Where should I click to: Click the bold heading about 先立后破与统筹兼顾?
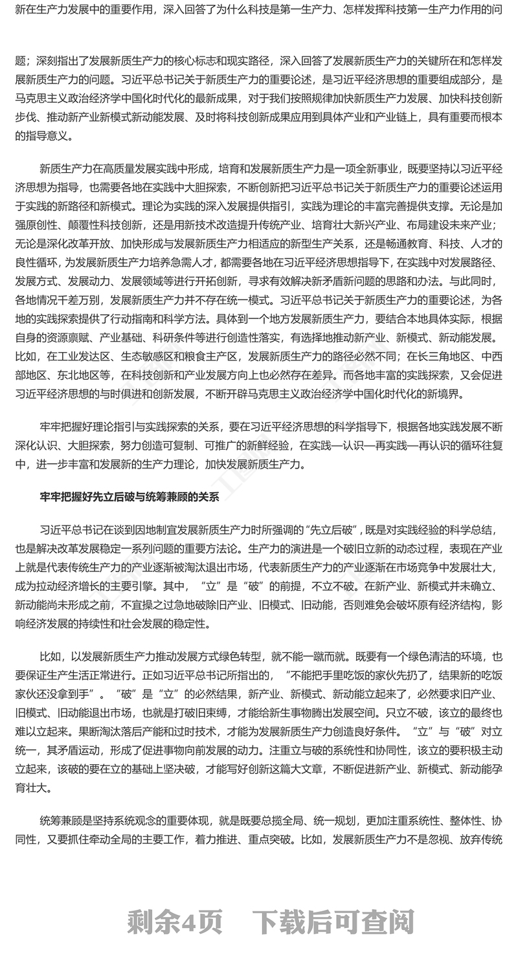coord(129,497)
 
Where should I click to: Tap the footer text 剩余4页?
coord(175,922)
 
